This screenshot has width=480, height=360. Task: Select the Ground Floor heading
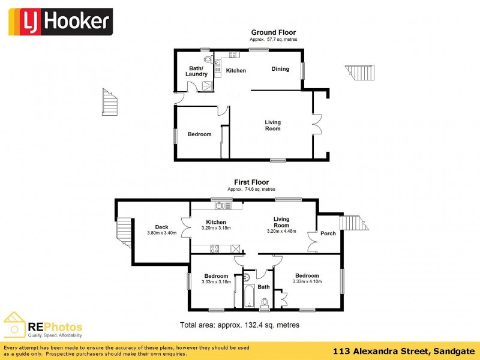click(273, 32)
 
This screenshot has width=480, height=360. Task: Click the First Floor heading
click(251, 182)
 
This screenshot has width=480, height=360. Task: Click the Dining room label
click(280, 69)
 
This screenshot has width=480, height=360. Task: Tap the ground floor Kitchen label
click(236, 71)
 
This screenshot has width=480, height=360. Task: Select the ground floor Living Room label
click(273, 125)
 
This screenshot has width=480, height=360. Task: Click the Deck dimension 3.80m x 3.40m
click(161, 233)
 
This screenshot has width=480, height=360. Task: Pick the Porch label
click(328, 233)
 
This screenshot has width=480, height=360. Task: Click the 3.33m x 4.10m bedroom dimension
click(307, 281)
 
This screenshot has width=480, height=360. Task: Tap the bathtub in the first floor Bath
click(249, 296)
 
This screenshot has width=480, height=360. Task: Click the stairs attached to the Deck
click(124, 232)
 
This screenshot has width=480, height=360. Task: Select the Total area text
click(239, 325)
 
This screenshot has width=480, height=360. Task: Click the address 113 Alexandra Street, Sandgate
click(404, 350)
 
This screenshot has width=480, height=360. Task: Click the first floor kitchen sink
click(223, 206)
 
